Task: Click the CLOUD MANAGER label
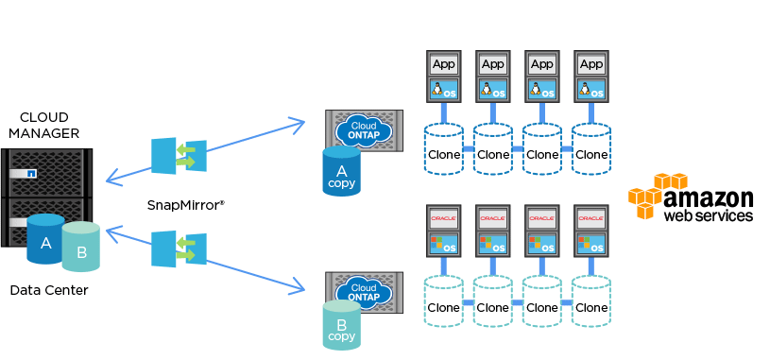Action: (x=43, y=125)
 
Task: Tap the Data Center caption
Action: (x=49, y=290)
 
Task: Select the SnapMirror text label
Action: (x=185, y=204)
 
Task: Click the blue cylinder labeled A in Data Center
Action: (x=45, y=241)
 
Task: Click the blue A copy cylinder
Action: (x=341, y=172)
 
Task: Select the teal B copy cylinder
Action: (x=341, y=327)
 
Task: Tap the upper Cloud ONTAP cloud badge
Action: (x=364, y=129)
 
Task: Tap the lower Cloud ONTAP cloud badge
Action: (x=364, y=290)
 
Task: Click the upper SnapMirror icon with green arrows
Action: (x=179, y=156)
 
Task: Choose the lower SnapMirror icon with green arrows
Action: (x=179, y=249)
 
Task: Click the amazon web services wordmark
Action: (x=708, y=205)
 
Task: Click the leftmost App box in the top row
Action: (x=443, y=64)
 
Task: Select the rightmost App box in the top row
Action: (x=590, y=64)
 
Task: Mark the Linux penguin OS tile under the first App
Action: (x=443, y=90)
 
